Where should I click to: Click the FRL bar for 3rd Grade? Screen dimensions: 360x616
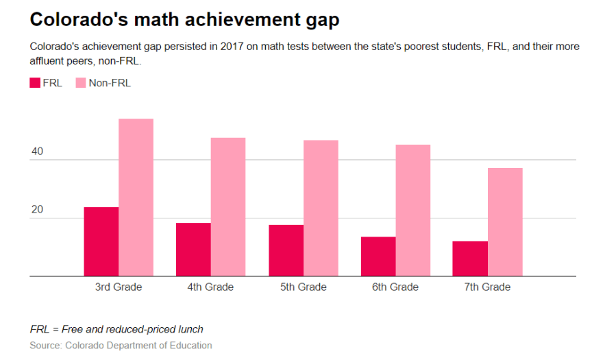[101, 241]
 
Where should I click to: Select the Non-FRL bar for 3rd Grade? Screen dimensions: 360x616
[136, 197]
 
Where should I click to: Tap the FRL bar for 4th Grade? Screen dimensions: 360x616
[193, 250]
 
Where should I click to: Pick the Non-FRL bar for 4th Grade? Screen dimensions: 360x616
[228, 207]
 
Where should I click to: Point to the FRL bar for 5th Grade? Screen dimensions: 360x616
[286, 250]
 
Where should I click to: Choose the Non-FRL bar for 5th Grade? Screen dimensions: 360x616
[321, 208]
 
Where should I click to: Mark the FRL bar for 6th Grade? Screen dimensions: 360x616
[378, 256]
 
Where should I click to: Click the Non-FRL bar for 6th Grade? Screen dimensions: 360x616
[412, 211]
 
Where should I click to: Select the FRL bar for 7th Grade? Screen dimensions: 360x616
[470, 259]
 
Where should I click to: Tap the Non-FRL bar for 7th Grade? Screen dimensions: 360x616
[505, 222]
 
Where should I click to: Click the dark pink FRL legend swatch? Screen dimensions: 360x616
[36, 83]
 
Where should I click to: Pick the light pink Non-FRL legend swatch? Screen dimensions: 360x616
[79, 83]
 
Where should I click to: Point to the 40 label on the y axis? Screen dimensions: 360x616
[37, 152]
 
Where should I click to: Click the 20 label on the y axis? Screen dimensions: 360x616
[37, 210]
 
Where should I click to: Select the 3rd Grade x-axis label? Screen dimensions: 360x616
[119, 287]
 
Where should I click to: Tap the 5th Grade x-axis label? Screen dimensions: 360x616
[303, 287]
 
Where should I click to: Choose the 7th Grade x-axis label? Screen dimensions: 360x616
[487, 287]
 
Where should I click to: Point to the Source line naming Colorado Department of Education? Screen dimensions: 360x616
[121, 346]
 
